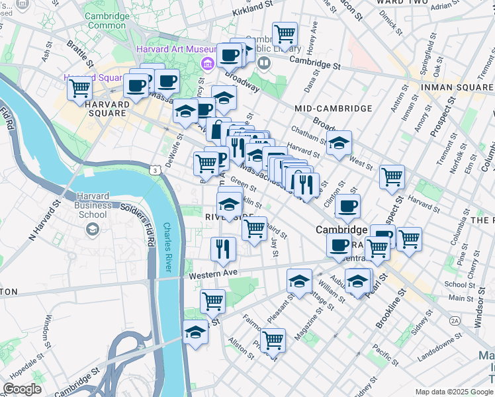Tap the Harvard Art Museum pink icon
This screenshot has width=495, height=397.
point(207,63)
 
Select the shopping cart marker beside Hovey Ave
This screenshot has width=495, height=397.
point(285,34)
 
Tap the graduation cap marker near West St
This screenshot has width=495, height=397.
point(339,144)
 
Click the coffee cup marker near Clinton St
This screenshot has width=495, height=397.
point(347,206)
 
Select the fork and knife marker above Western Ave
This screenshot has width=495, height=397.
point(223,249)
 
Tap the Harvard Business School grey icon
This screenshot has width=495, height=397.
point(93,229)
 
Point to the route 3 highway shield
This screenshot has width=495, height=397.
point(154,170)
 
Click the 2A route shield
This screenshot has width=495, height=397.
point(455,320)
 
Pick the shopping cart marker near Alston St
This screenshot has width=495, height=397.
point(273,341)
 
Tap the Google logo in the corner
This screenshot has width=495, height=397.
point(22,389)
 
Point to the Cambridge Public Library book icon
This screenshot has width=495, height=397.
point(265,63)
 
